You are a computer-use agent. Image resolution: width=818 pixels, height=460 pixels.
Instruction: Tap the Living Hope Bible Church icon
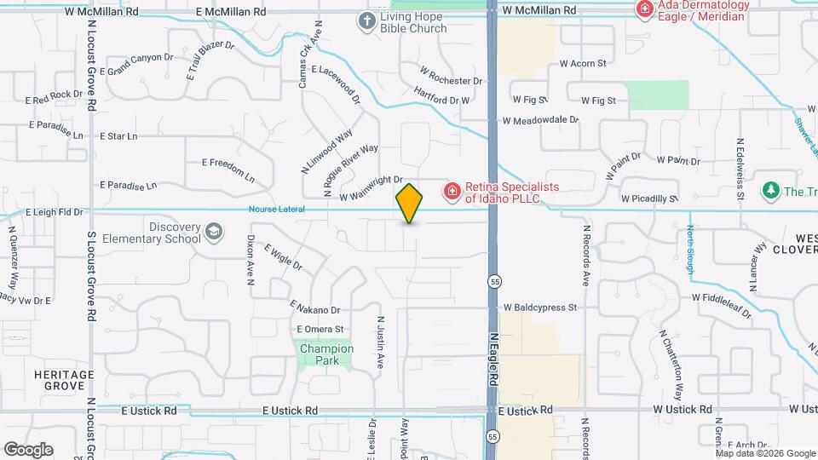(367, 20)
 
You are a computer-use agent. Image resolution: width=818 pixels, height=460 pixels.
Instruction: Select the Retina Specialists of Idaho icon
(452, 190)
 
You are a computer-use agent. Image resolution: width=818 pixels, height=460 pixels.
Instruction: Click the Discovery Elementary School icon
(213, 231)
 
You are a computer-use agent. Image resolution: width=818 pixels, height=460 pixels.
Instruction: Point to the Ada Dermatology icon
(645, 10)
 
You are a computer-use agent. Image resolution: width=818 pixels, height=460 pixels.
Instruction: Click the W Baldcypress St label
(540, 307)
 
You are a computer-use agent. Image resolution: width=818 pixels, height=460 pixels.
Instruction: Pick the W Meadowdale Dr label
(540, 121)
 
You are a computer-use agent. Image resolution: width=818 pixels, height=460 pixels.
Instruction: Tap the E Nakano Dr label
(315, 308)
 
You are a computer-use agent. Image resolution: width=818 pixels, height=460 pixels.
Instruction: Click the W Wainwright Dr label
(370, 188)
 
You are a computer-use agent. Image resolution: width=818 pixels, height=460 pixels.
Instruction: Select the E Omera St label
(320, 329)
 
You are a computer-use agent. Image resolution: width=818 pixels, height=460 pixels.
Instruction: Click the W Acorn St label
(582, 63)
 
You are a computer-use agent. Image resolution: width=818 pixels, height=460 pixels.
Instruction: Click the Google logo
(28, 449)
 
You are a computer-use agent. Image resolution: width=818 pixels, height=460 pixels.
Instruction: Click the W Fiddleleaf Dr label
(721, 305)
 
